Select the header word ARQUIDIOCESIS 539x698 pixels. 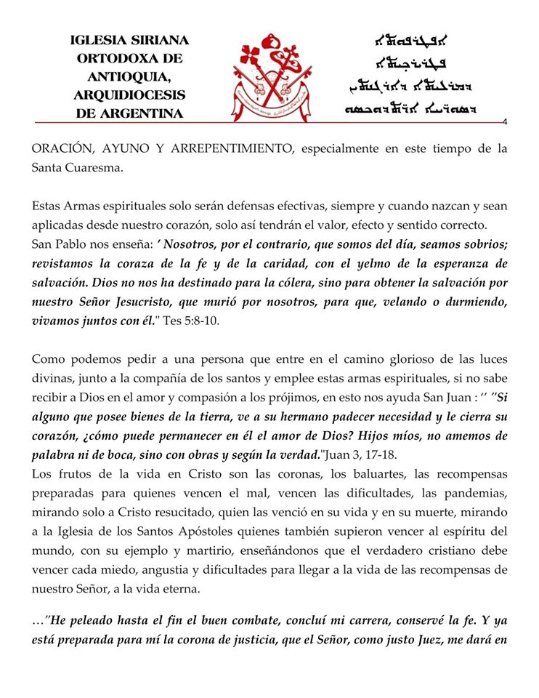pyautogui.click(x=129, y=95)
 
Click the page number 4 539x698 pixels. pyautogui.click(x=503, y=121)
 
